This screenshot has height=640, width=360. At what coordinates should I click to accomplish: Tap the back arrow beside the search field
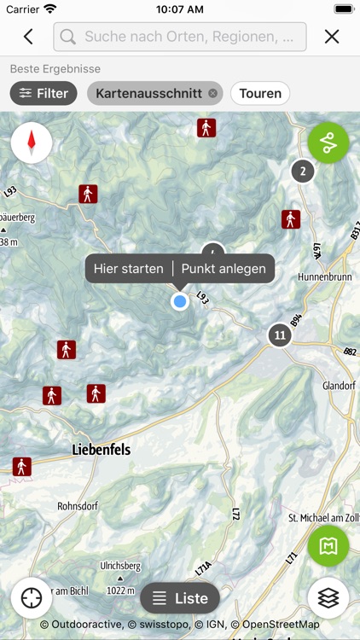coord(28,37)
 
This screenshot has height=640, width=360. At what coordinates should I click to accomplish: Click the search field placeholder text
coord(195,37)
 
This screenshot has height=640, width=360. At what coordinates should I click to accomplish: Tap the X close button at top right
coord(332,37)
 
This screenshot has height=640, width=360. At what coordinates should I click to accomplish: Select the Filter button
coord(44,93)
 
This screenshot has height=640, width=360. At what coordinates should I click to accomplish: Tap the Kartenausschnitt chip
coord(149,93)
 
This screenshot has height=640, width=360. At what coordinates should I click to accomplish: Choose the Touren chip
coord(260,93)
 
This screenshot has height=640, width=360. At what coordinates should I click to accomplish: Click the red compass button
coord(32,143)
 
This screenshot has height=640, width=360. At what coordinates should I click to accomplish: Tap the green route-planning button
coord(328,143)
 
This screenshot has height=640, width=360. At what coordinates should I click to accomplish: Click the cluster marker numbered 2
coord(302,172)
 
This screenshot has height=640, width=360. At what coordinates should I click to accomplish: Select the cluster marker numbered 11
coord(279,335)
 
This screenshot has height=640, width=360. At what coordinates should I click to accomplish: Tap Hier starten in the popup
coord(129,269)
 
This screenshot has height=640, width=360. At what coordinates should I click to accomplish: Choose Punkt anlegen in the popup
coord(224,269)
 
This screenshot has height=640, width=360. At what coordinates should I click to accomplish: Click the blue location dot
coord(179,301)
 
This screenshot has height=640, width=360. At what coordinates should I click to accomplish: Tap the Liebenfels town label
coord(102,449)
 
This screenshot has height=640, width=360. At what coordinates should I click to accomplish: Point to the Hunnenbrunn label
coord(324,277)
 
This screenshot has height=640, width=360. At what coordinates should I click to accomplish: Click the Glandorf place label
coord(338,386)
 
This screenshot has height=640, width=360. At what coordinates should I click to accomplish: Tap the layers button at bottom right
coord(328,598)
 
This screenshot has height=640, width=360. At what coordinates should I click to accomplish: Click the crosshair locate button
coord(32,598)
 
